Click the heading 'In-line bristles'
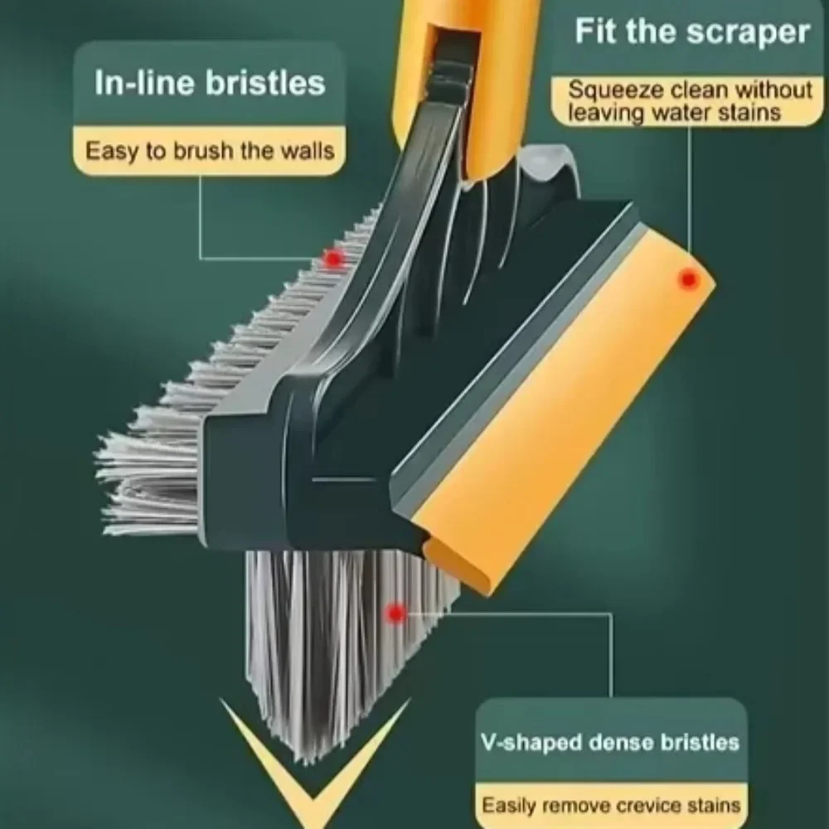pyautogui.click(x=209, y=84)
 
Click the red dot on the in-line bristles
pyautogui.click(x=333, y=259)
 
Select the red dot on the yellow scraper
pyautogui.click(x=687, y=279)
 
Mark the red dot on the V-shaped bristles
pyautogui.click(x=396, y=613)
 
